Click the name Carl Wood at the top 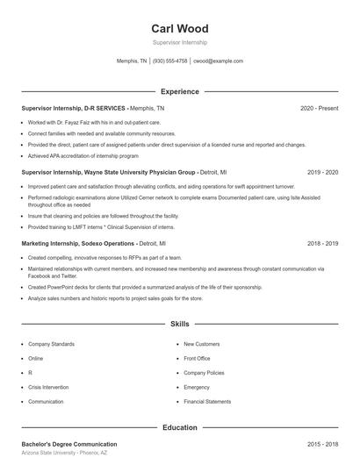pos(179,28)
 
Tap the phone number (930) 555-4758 pos(169,61)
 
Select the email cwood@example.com pos(218,61)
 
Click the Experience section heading pos(179,91)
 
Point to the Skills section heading pos(179,324)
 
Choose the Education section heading pos(179,427)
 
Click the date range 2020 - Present pos(319,108)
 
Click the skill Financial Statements pos(207,401)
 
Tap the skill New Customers pos(201,344)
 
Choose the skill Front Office pos(197,358)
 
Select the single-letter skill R pos(30,373)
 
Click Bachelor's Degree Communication pos(69,445)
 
